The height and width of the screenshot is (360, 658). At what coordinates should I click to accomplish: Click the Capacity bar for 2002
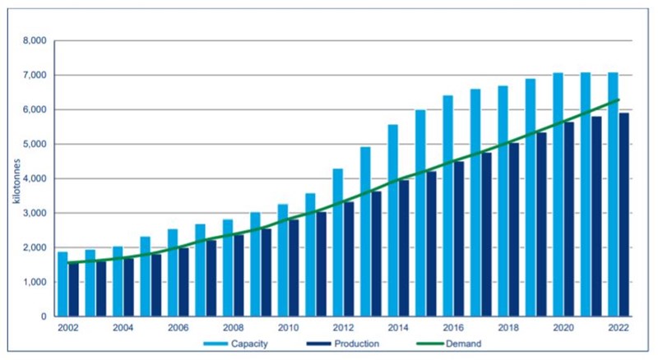click(x=63, y=284)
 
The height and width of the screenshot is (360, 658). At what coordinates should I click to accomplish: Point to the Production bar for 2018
click(x=513, y=229)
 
